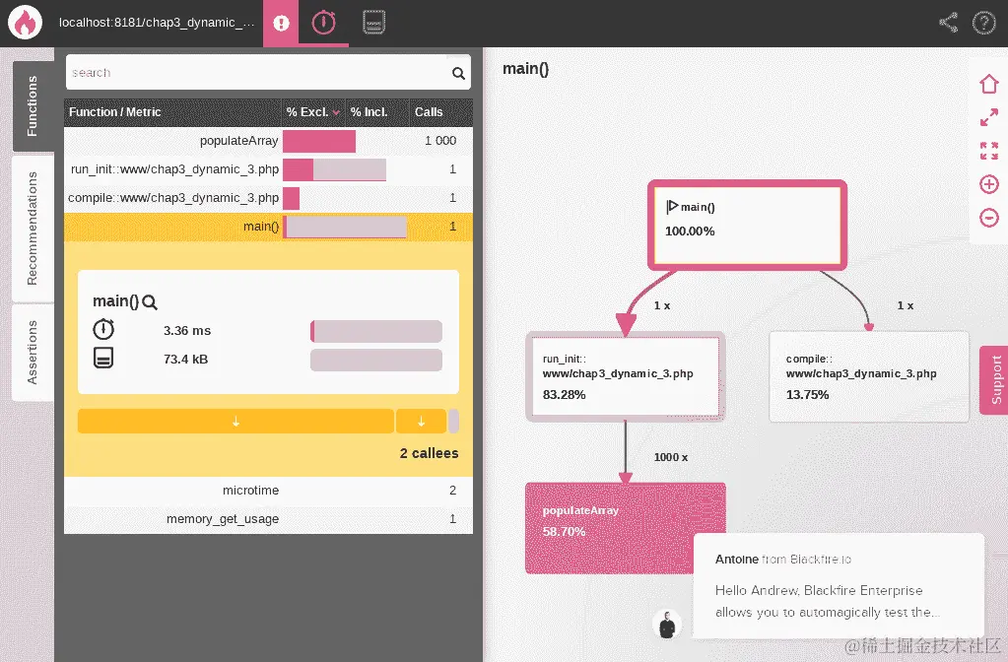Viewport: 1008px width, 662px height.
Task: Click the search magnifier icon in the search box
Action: (458, 73)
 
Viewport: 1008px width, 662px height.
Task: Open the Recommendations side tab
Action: (33, 228)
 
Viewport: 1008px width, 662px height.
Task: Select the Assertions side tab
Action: (33, 352)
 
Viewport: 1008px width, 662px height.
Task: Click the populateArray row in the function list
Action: (238, 141)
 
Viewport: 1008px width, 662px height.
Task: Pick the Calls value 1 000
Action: (439, 141)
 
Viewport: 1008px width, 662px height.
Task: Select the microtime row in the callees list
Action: (250, 491)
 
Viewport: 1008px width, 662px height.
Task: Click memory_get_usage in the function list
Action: (223, 519)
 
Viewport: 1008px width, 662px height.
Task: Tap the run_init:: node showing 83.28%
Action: (625, 376)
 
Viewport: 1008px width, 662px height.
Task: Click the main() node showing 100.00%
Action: (746, 225)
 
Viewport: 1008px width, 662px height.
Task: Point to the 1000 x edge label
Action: (671, 457)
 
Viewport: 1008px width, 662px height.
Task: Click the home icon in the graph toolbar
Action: (988, 85)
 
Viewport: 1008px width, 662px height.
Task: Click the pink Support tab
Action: (994, 379)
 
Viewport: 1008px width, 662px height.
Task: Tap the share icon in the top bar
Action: (948, 23)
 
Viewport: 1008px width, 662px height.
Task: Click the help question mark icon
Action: (983, 23)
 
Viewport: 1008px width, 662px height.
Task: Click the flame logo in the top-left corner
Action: (24, 23)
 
